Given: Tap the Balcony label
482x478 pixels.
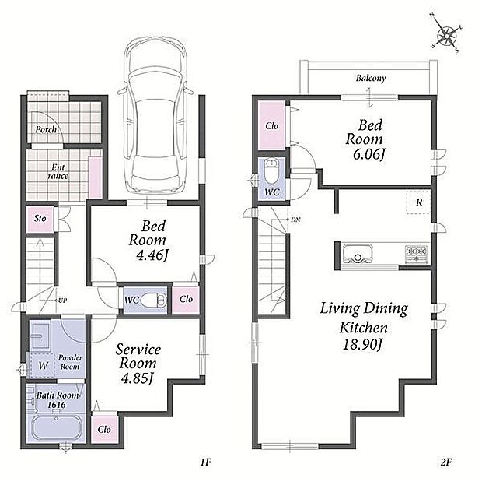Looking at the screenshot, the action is pyautogui.click(x=371, y=78).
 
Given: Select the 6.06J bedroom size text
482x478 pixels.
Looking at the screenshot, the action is pyautogui.click(x=368, y=154).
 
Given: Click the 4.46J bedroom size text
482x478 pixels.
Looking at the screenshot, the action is pyautogui.click(x=152, y=255).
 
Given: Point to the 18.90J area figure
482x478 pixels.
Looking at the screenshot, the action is pyautogui.click(x=362, y=345).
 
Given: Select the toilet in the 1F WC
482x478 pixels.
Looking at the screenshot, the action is pyautogui.click(x=153, y=300).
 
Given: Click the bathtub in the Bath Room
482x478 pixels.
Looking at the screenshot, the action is pyautogui.click(x=56, y=428).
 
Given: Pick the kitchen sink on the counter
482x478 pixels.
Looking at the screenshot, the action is pyautogui.click(x=358, y=254).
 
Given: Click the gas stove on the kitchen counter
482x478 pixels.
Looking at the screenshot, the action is pyautogui.click(x=416, y=254).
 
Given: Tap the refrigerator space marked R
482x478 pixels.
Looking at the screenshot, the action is pyautogui.click(x=419, y=202).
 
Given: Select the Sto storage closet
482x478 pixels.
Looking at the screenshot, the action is pyautogui.click(x=40, y=219).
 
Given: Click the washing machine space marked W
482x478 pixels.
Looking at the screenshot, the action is pyautogui.click(x=43, y=365).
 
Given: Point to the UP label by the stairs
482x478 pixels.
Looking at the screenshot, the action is pyautogui.click(x=62, y=300).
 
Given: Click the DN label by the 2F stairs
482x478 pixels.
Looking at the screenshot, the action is pyautogui.click(x=295, y=220).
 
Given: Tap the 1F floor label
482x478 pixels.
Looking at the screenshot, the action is pyautogui.click(x=206, y=462).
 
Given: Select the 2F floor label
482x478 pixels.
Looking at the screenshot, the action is pyautogui.click(x=445, y=462).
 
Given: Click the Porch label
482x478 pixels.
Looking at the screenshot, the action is pyautogui.click(x=46, y=129).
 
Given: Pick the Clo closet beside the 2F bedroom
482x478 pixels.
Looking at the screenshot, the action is pyautogui.click(x=272, y=125).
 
